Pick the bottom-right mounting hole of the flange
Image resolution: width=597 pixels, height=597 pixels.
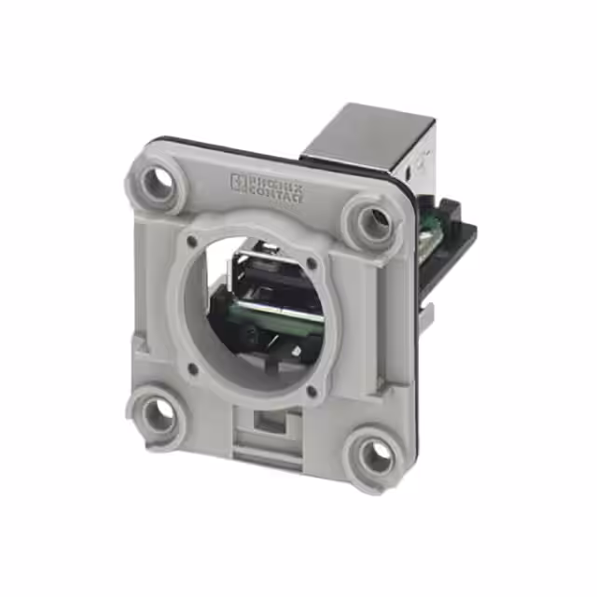coord(375,456)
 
